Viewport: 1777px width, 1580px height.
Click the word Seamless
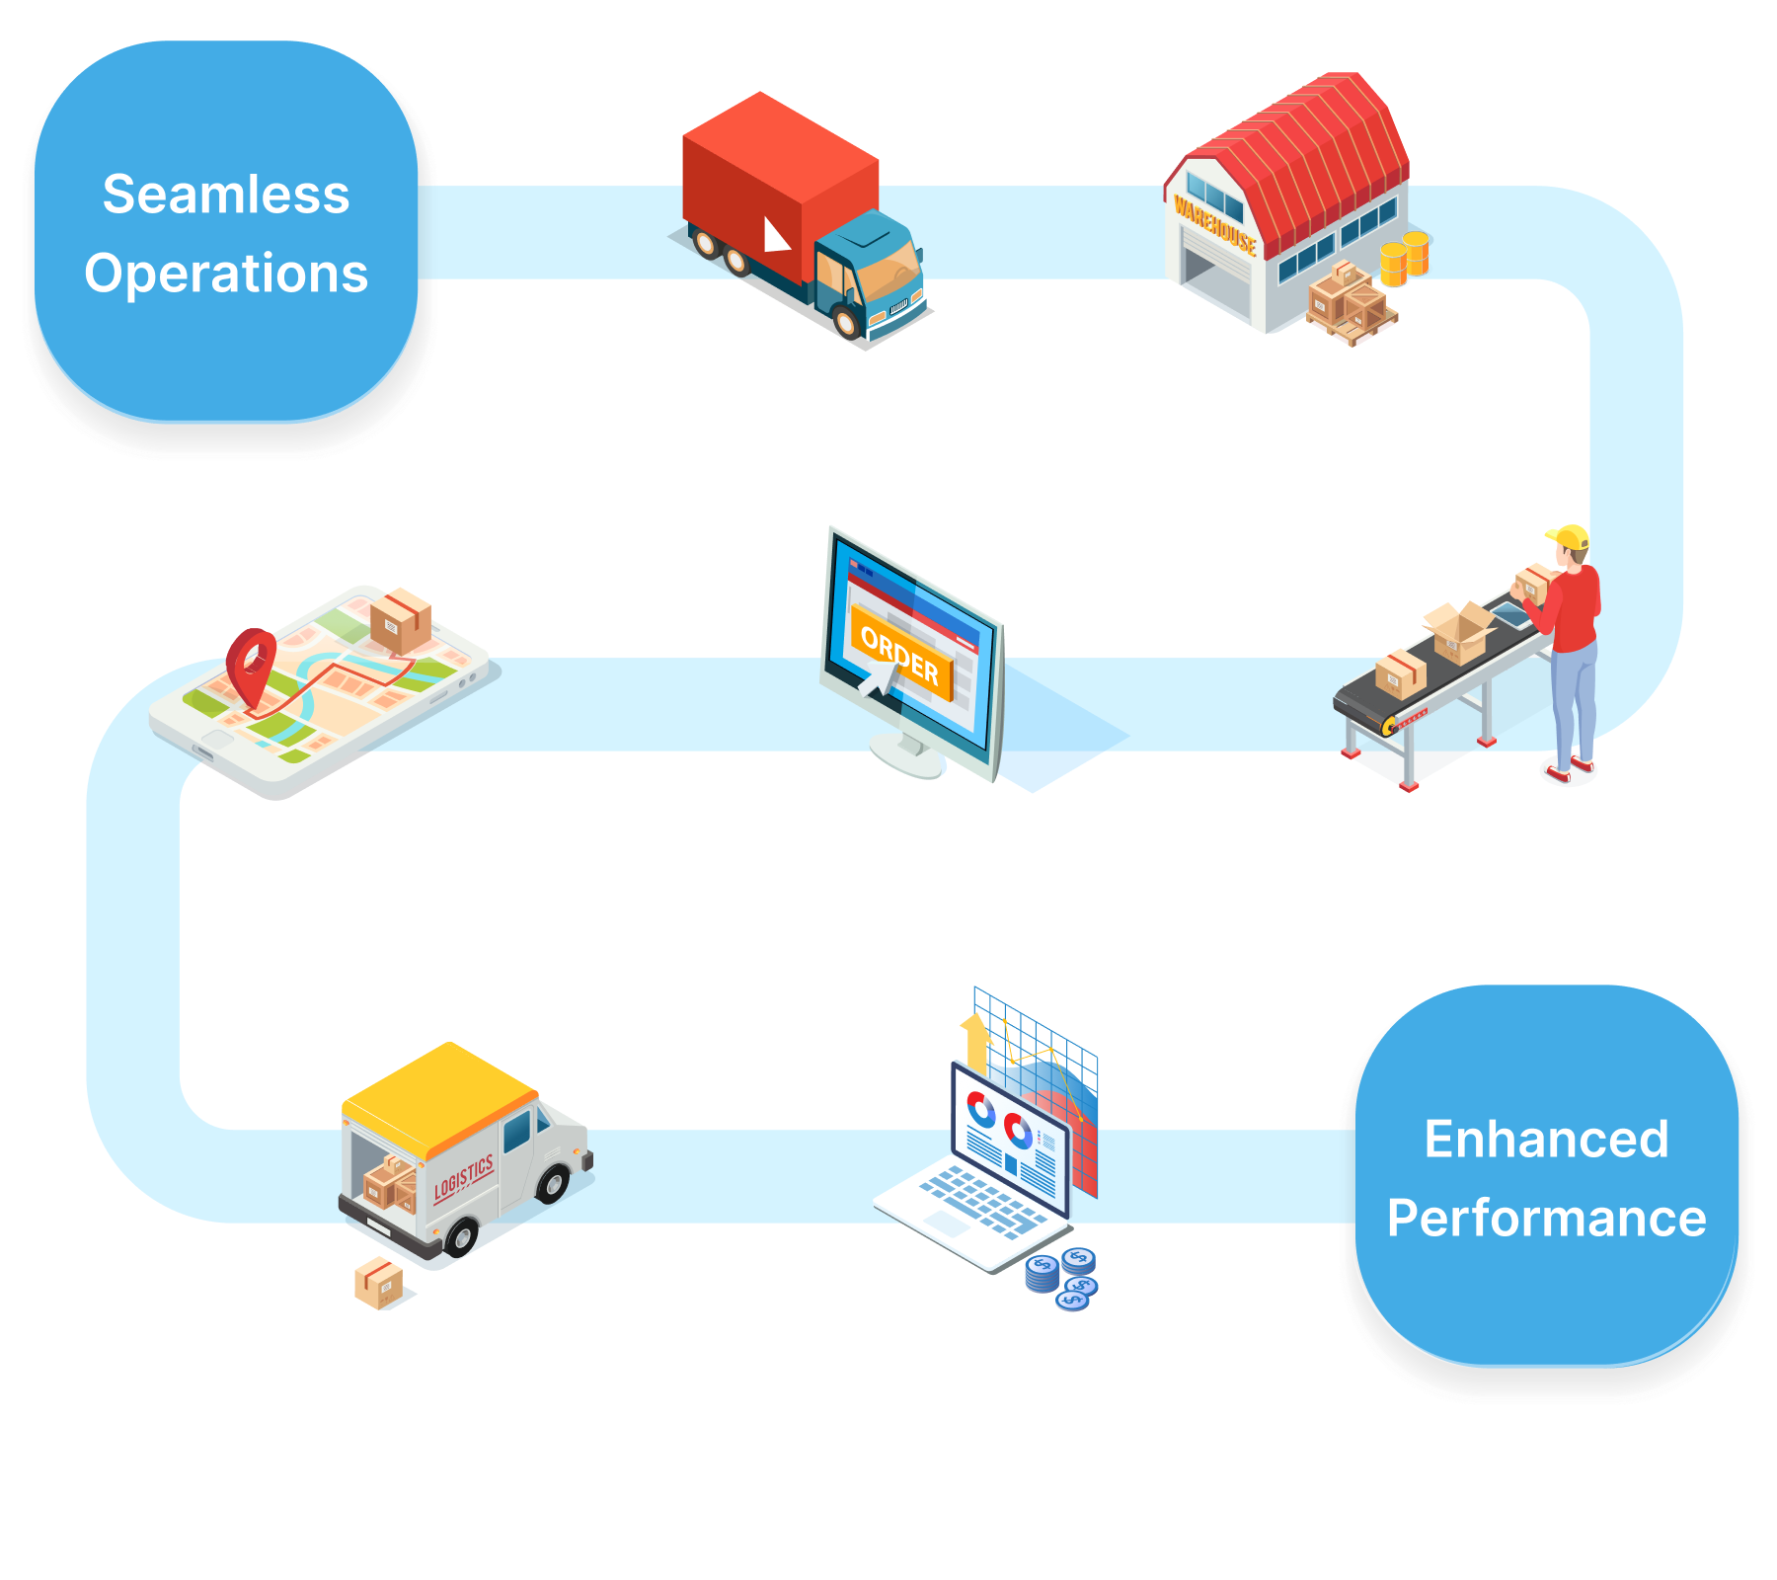[226, 195]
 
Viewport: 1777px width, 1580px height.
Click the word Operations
[226, 274]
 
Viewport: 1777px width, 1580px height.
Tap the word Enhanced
[1546, 1140]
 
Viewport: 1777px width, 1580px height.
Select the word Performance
[1546, 1219]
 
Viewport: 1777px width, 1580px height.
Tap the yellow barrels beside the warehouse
[1404, 259]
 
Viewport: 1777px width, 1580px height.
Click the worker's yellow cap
[1570, 538]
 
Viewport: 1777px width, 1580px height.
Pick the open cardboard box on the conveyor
[1459, 632]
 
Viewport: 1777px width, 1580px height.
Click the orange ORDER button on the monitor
[899, 654]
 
